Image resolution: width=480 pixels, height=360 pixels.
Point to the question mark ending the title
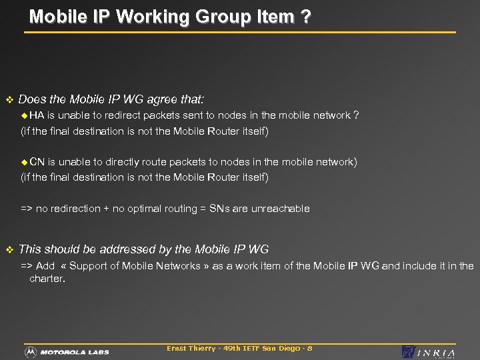tap(305, 17)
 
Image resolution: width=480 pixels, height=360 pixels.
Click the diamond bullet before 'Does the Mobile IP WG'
tap(9, 100)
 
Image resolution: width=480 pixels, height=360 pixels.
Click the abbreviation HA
tap(37, 115)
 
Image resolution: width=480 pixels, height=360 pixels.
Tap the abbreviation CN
tap(37, 161)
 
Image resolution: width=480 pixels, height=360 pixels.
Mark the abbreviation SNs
tap(220, 209)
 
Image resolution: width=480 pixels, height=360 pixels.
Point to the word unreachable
tap(281, 209)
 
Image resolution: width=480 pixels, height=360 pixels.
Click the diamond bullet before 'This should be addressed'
tap(9, 249)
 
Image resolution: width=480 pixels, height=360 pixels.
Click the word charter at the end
tap(46, 279)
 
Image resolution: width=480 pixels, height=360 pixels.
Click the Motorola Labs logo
tap(67, 351)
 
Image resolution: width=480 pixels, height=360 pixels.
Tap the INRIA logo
tap(429, 352)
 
